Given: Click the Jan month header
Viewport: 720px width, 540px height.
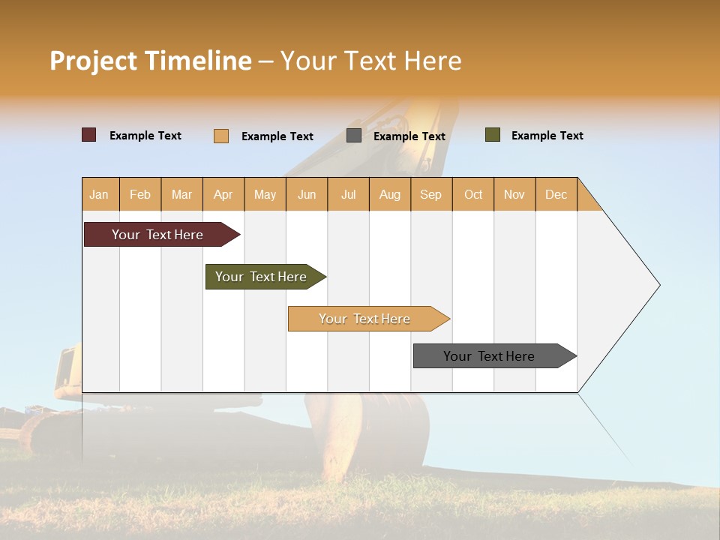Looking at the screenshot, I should click(x=99, y=194).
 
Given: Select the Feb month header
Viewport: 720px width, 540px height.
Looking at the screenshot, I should click(x=140, y=194).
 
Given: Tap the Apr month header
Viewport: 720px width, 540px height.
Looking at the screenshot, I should click(x=223, y=194).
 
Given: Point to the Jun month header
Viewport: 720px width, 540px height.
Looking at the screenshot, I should click(x=307, y=194).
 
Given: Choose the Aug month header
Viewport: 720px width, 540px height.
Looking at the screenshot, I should click(x=389, y=194).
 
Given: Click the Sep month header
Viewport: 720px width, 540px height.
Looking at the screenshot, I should click(x=430, y=194).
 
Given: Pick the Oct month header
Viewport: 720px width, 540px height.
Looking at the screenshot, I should click(x=473, y=194).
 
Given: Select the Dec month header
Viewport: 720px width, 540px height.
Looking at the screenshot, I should click(x=556, y=194).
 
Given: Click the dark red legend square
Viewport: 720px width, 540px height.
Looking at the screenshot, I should click(x=88, y=135).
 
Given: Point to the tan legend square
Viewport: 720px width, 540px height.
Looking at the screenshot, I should click(x=221, y=136).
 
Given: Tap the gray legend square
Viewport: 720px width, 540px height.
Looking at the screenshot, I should click(x=354, y=136).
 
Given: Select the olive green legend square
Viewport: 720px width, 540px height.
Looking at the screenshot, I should click(x=493, y=135).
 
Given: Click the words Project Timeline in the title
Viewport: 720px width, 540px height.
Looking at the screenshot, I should click(x=151, y=61).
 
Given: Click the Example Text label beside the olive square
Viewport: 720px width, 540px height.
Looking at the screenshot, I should click(x=547, y=136).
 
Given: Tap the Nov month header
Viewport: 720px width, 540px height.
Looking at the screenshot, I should click(x=514, y=194).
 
